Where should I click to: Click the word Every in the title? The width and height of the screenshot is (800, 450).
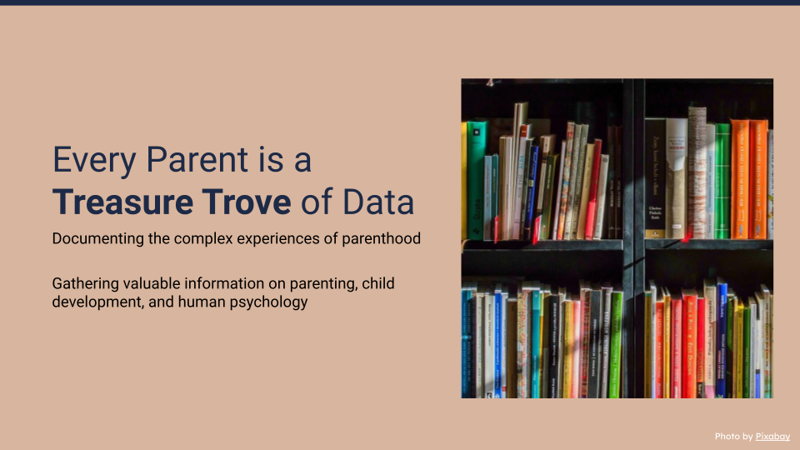[94, 161]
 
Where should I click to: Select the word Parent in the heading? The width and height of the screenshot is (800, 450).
[197, 159]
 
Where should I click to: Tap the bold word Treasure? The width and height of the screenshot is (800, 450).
[122, 202]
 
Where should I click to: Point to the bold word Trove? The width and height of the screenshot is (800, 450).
[247, 202]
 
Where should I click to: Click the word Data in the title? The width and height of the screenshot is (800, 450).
[378, 202]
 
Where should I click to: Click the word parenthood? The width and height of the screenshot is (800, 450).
[381, 239]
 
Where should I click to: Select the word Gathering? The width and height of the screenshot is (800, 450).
[85, 283]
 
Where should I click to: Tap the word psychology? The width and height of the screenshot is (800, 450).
[268, 302]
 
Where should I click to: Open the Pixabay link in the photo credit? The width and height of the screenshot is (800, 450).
[772, 436]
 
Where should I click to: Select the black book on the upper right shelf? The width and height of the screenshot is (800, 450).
[655, 178]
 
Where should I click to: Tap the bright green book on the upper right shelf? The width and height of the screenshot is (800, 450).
[722, 181]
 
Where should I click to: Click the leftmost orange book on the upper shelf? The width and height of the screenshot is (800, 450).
[739, 179]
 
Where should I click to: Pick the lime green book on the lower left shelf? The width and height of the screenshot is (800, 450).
[617, 344]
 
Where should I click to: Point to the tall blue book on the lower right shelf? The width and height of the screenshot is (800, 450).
[722, 340]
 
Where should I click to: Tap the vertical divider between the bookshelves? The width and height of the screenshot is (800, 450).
[633, 238]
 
